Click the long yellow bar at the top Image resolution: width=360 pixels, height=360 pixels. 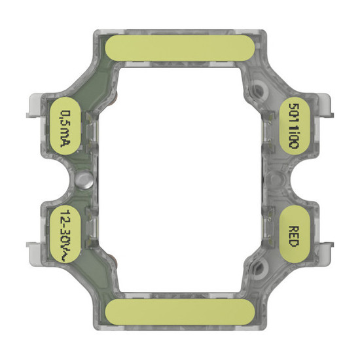pos(181,47)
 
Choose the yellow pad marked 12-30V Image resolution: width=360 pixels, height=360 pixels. pos(65,230)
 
